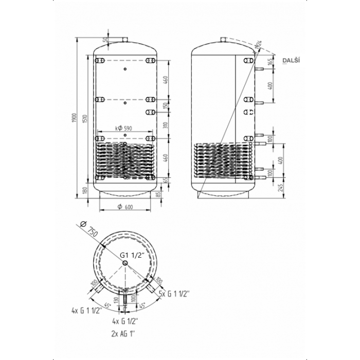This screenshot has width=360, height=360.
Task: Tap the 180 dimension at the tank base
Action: tap(85, 191)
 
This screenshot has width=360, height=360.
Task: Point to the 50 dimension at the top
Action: tap(106, 40)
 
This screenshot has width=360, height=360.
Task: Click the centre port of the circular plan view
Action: tap(125, 263)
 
